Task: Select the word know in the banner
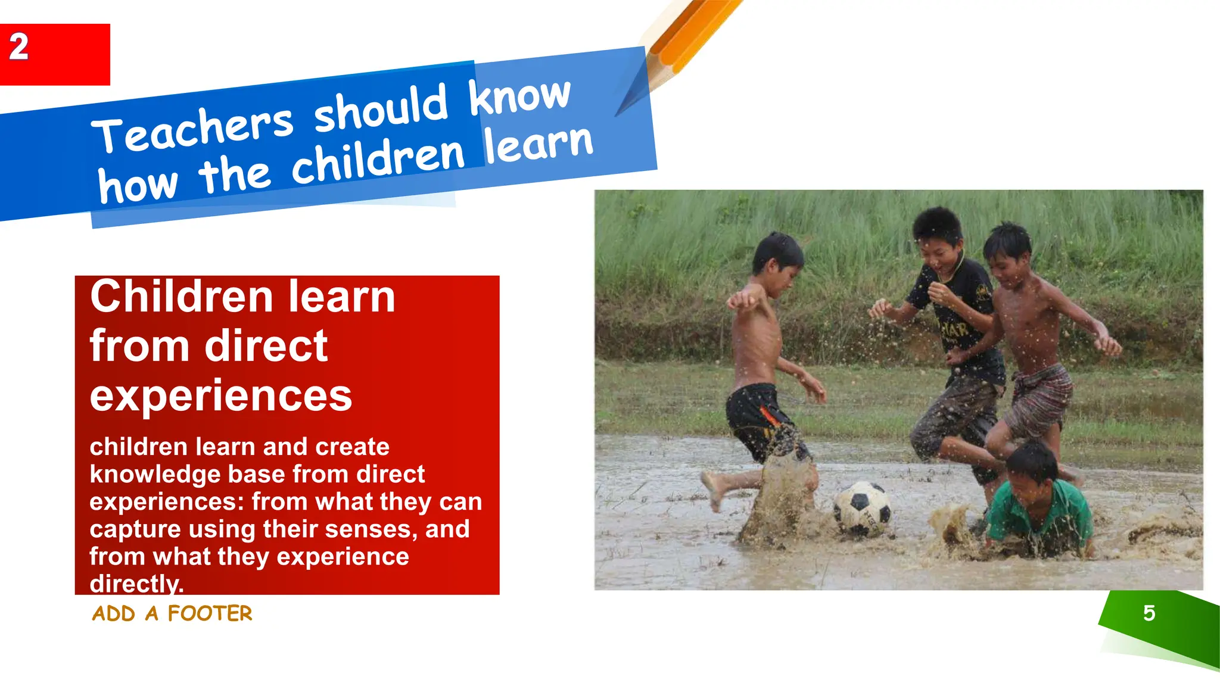click(519, 95)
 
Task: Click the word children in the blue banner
click(378, 160)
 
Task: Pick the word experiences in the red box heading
click(220, 395)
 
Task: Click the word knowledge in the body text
click(155, 475)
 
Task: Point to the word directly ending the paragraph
click(136, 584)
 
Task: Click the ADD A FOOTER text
click(172, 613)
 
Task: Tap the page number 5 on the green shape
click(1149, 613)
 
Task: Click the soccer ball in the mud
click(862, 508)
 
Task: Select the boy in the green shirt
click(1040, 503)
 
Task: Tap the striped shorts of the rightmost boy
click(1040, 399)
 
